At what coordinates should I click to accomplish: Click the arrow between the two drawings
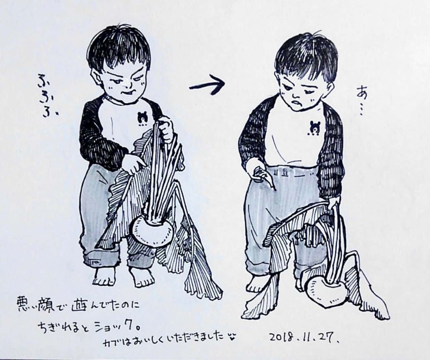coord(207,84)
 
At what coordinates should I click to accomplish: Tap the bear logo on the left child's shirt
coord(142,117)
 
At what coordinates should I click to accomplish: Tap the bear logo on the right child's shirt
coord(313,127)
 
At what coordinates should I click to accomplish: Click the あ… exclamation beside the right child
coord(361,100)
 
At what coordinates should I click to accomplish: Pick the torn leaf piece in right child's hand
coord(264,177)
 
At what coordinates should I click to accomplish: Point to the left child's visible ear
coord(95,77)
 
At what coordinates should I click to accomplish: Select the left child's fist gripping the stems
coord(167,131)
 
